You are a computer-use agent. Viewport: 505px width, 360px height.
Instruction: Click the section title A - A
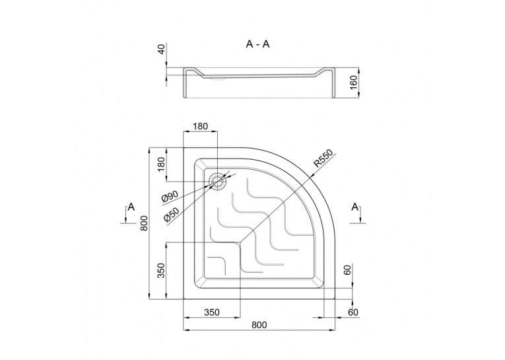pyautogui.click(x=257, y=44)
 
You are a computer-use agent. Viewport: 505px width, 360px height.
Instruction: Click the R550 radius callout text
pyautogui.click(x=325, y=159)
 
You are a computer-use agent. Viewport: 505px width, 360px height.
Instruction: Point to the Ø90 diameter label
pyautogui.click(x=170, y=196)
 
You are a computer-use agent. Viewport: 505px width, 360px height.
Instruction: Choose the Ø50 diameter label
pyautogui.click(x=172, y=213)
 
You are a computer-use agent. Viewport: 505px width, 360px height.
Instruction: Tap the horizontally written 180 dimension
pyautogui.click(x=200, y=126)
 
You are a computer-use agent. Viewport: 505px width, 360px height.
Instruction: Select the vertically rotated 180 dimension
pyautogui.click(x=161, y=164)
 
